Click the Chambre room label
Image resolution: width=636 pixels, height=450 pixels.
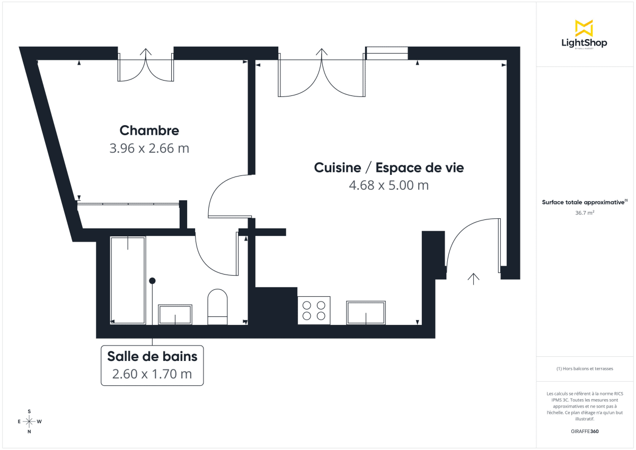tap(149, 130)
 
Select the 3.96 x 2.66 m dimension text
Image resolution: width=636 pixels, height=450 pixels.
tap(149, 148)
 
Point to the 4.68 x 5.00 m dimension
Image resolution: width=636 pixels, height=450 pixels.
tap(388, 186)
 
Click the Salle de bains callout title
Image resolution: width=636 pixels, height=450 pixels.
tap(152, 356)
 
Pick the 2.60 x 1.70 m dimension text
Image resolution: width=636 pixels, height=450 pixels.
tap(152, 374)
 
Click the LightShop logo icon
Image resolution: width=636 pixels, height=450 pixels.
tap(584, 28)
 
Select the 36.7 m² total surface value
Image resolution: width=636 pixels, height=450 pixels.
tap(584, 213)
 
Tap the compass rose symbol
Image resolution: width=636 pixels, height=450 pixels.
tap(29, 421)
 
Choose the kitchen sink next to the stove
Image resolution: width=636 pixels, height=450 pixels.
tap(366, 313)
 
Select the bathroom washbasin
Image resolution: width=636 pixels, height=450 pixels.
tap(175, 314)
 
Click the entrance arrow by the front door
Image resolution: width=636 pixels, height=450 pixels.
tap(473, 279)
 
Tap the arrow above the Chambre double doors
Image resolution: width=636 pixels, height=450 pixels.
tap(146, 52)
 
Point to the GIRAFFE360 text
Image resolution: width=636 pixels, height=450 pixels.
tap(584, 431)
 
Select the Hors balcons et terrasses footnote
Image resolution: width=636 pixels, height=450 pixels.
tap(584, 368)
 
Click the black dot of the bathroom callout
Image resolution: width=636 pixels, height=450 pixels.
tap(153, 280)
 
